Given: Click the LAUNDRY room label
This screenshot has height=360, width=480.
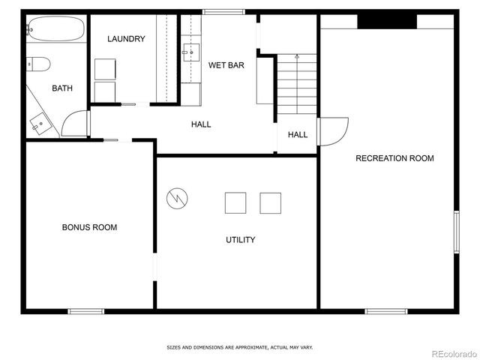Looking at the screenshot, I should (126, 39).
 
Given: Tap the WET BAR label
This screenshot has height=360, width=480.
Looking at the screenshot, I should (226, 65).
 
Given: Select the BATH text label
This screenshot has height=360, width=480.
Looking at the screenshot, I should (62, 88).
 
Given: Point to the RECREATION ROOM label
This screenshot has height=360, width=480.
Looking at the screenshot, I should (394, 158).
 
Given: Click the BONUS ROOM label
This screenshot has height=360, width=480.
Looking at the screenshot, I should (89, 227).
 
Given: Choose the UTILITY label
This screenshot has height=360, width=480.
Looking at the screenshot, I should (241, 240).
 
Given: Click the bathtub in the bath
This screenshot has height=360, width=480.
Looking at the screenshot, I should (55, 29).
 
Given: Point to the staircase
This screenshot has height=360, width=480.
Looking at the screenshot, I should (297, 84).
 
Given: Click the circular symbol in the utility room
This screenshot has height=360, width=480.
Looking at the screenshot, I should (178, 199).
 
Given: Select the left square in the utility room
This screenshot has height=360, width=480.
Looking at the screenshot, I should (235, 203).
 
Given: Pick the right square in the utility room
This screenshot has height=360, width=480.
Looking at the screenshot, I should (270, 203).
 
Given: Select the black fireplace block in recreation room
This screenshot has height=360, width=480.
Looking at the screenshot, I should (386, 21).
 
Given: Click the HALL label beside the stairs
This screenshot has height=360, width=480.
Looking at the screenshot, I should (298, 135).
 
